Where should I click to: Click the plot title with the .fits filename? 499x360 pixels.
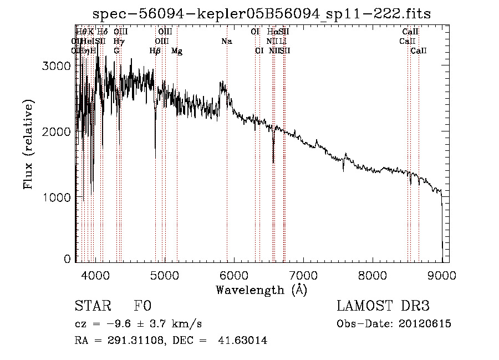coord(261,13)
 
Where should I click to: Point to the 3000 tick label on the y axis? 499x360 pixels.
coord(57,65)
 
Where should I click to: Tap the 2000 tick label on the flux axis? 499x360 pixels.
coord(57,131)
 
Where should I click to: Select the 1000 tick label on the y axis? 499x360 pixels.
coord(57,197)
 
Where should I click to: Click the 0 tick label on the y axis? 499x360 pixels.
coord(68,258)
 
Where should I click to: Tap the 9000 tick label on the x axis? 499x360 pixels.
coord(442,275)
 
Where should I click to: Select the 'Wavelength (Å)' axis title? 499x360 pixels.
coord(261,290)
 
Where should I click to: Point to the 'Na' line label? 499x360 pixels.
coord(226,41)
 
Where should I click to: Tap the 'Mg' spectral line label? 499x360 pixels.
coord(176,51)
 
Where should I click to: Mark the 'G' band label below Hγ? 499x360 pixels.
coord(116,51)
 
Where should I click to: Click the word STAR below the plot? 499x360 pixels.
coord(92,307)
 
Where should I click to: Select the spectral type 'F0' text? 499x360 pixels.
coord(142,307)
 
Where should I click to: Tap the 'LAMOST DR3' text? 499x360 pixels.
coord(383,307)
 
